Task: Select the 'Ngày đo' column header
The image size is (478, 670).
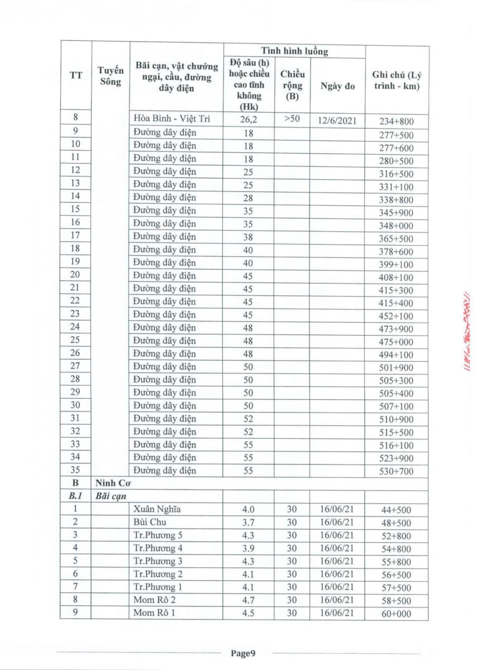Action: coord(337,86)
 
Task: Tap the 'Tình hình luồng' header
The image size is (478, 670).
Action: coord(294,51)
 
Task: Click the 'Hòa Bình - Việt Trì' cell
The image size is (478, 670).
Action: coord(171,119)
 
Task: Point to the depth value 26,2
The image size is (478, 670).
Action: coord(248,119)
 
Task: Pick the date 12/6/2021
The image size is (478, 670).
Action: coord(337,120)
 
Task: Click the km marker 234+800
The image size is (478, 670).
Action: coord(397,121)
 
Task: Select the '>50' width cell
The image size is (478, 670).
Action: coord(291,119)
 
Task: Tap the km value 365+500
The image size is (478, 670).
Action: coord(397,238)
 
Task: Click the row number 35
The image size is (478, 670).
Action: coord(76,470)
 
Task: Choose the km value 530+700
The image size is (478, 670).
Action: coord(397,472)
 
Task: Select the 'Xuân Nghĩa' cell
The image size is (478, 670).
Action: coord(157,509)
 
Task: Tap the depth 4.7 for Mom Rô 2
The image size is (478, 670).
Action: coord(248,600)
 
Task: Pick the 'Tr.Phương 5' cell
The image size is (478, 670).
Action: coord(159,535)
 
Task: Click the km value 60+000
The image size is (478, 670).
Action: coord(397,614)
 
